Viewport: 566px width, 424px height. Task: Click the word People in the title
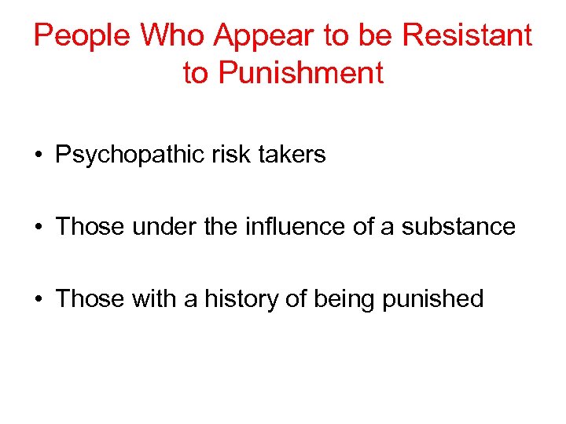click(x=82, y=35)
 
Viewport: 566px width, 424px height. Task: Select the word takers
click(x=292, y=154)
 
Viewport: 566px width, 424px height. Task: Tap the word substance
click(x=459, y=227)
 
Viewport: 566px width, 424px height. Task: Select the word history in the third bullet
click(x=236, y=299)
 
